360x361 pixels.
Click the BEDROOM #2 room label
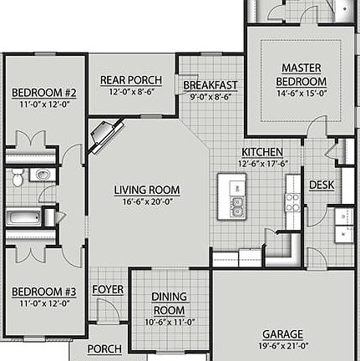coord(43,93)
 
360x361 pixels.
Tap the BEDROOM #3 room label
coord(43,292)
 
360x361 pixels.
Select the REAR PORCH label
coord(131,80)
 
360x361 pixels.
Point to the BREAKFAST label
coord(210,85)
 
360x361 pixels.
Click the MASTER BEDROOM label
coord(301,74)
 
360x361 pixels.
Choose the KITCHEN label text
coord(261,152)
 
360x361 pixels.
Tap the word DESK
coord(322,185)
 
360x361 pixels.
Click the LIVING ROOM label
coord(147,190)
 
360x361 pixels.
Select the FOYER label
coord(108,289)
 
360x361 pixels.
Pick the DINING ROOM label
coord(169,303)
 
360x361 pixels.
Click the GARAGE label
coord(282,334)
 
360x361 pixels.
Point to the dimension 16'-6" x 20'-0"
coord(147,201)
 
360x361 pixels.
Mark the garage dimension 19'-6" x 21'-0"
coord(282,345)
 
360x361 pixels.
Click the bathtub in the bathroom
coord(25,218)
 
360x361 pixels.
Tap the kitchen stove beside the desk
coord(292,201)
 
